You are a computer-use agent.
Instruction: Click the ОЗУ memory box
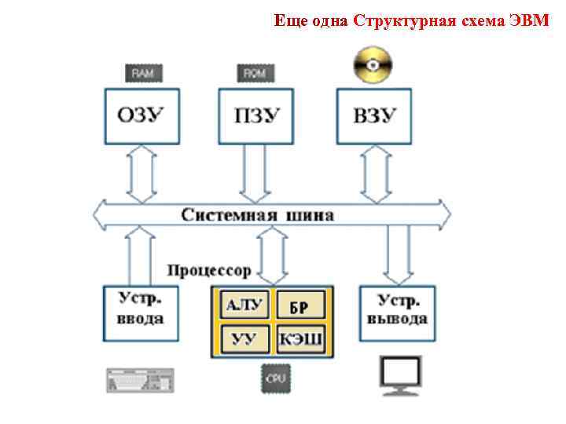[x=141, y=116]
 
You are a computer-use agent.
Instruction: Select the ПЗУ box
[x=257, y=116]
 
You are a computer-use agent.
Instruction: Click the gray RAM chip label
[x=142, y=73]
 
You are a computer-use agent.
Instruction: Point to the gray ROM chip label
[x=255, y=73]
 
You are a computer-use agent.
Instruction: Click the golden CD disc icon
[x=373, y=64]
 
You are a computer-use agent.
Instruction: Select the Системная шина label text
[x=258, y=214]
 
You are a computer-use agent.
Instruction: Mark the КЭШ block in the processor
[x=301, y=340]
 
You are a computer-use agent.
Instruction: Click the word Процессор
[x=209, y=270]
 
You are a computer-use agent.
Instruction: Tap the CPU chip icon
[x=275, y=378]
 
